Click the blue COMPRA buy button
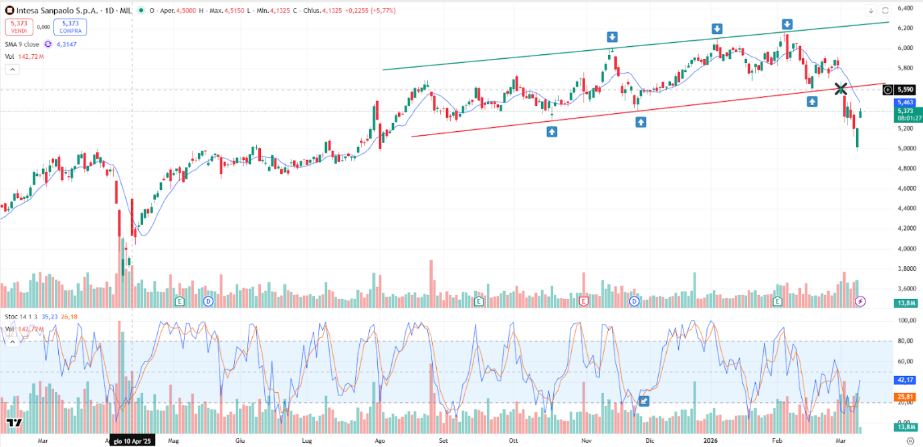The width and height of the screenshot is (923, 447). point(70,27)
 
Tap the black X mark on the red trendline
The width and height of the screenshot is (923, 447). point(841,88)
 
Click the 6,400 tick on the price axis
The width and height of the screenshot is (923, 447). point(906,8)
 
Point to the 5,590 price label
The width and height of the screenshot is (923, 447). point(905,89)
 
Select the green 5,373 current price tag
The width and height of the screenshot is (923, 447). point(905,111)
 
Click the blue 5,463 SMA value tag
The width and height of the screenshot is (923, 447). point(905,102)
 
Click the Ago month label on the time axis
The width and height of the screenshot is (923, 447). point(380,441)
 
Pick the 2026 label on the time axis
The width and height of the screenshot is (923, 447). point(710,441)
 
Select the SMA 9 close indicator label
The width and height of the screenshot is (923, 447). point(22,44)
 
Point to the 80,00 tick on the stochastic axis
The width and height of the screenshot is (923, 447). point(906,341)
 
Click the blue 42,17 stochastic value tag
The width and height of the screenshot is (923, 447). point(905,379)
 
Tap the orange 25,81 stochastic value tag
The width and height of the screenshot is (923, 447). point(905,397)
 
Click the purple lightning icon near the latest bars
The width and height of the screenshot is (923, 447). point(861,302)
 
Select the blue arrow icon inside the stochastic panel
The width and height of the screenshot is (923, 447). point(644,401)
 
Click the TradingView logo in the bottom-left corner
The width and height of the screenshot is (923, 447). point(13,422)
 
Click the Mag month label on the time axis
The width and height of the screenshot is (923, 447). point(173,441)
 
